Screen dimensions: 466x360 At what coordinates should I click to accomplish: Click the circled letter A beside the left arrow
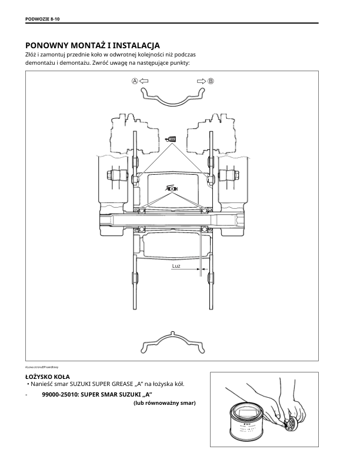[x=135, y=81]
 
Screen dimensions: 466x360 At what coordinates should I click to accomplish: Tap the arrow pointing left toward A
[x=144, y=81]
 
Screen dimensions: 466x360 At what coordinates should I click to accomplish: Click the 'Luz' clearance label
[x=176, y=267]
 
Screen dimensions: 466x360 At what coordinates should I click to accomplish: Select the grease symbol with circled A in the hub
[x=172, y=188]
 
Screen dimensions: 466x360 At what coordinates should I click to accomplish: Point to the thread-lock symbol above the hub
[x=172, y=139]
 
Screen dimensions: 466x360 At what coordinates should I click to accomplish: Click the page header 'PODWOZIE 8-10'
[x=43, y=19]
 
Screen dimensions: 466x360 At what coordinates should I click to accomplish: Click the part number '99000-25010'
[x=63, y=394]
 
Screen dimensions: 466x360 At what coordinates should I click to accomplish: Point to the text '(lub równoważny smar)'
[x=165, y=403]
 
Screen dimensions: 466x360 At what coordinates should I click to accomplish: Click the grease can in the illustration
[x=246, y=419]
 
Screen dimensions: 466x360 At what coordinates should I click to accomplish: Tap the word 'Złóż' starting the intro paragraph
[x=31, y=54]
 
